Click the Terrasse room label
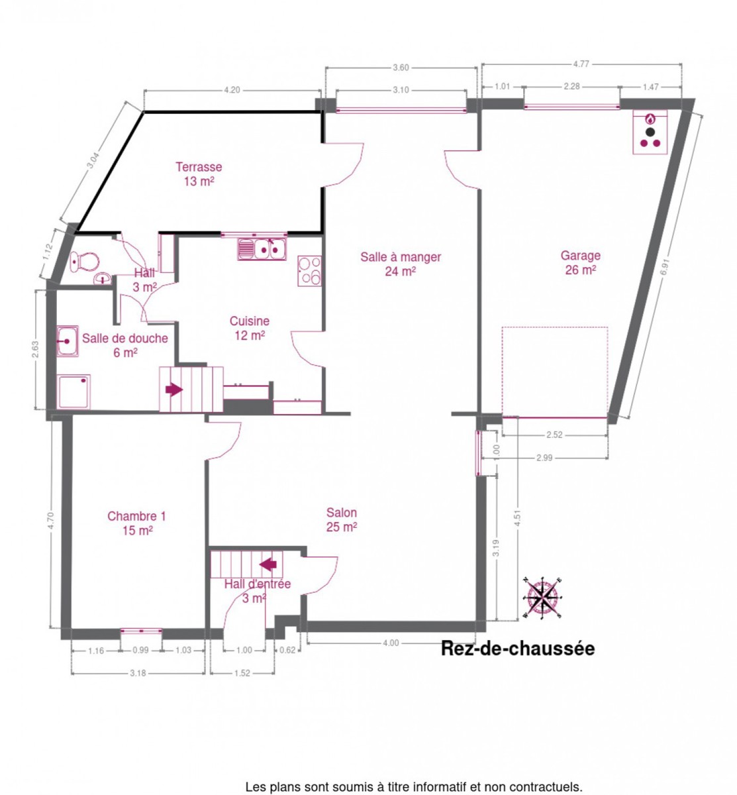pyautogui.click(x=199, y=174)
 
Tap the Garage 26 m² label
pyautogui.click(x=580, y=262)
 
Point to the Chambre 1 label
pyautogui.click(x=136, y=523)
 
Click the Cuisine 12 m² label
pyautogui.click(x=249, y=328)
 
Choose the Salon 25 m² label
pyautogui.click(x=341, y=519)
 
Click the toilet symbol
pyautogui.click(x=84, y=262)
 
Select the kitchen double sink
pyautogui.click(x=262, y=249)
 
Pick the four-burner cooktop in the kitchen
pyautogui.click(x=309, y=270)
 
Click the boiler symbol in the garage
pyautogui.click(x=650, y=132)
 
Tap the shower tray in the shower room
pyautogui.click(x=74, y=391)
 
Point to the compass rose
pyautogui.click(x=543, y=598)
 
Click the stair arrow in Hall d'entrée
pyautogui.click(x=268, y=564)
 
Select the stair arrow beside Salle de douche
pyautogui.click(x=174, y=389)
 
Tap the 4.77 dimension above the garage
pyautogui.click(x=581, y=64)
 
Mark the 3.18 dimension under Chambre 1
pyautogui.click(x=138, y=673)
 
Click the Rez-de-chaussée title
pyautogui.click(x=518, y=649)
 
